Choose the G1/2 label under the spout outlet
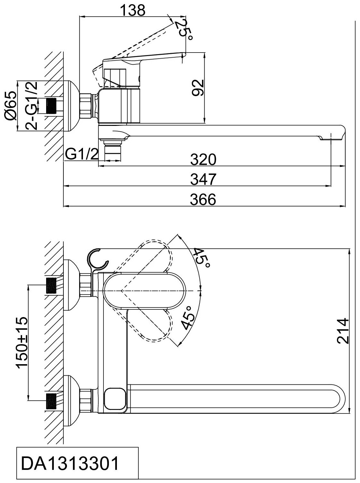pyautogui.click(x=81, y=155)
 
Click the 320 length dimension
pyautogui.click(x=203, y=160)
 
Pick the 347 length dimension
pyautogui.click(x=203, y=179)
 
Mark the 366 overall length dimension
pyautogui.click(x=203, y=199)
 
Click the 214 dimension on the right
pyautogui.click(x=343, y=335)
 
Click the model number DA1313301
pyautogui.click(x=70, y=463)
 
